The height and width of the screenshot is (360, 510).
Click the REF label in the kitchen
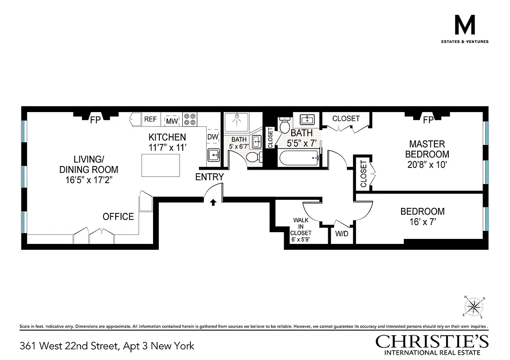(x=150, y=119)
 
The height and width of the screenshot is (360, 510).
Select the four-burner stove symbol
(x=190, y=118)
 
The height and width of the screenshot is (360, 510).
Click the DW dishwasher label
(x=212, y=136)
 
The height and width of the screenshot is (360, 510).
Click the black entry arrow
(x=213, y=202)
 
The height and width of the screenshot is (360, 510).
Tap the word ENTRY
(x=209, y=177)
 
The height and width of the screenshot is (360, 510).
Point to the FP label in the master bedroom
(x=428, y=120)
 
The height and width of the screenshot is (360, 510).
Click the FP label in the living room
(x=95, y=120)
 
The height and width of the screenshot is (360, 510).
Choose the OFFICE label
(x=118, y=216)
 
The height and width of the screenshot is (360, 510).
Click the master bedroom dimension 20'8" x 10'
(x=427, y=165)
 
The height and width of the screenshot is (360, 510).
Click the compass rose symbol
(x=473, y=307)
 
